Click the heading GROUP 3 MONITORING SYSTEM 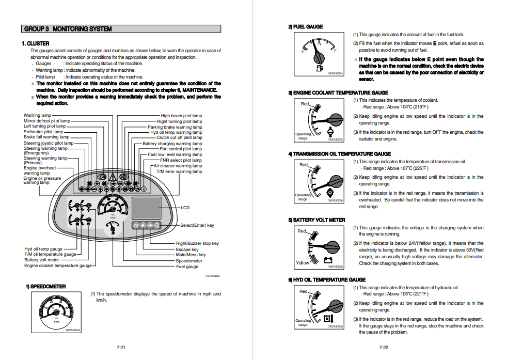click(x=68, y=29)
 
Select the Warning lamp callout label click(x=37, y=115)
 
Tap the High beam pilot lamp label click(x=181, y=116)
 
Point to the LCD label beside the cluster click(x=185, y=208)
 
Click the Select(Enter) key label click(x=197, y=225)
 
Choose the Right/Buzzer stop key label click(x=197, y=244)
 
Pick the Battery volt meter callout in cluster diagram click(x=42, y=260)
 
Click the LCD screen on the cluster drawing click(x=147, y=208)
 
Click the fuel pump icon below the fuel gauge click(x=319, y=68)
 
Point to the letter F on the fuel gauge click(x=336, y=52)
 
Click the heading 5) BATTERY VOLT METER click(x=316, y=220)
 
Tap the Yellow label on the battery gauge click(x=303, y=263)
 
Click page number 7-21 click(x=121, y=348)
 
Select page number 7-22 click(x=384, y=348)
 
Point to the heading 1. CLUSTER click(x=36, y=43)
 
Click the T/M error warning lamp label click(x=179, y=171)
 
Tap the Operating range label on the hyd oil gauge click(x=303, y=322)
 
